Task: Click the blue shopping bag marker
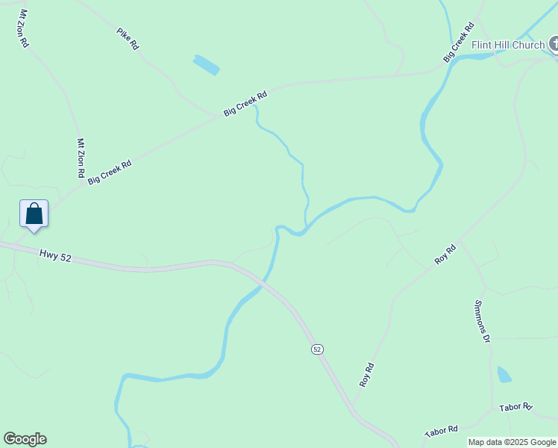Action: click(x=34, y=214)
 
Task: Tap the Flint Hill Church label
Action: click(x=508, y=45)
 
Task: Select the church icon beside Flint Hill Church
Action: click(x=554, y=45)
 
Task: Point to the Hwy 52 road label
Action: click(x=55, y=256)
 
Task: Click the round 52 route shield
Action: click(x=317, y=349)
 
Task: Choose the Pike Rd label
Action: click(x=128, y=39)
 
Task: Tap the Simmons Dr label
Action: click(x=482, y=321)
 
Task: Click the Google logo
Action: click(x=25, y=439)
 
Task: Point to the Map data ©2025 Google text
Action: click(x=512, y=442)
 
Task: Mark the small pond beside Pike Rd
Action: click(x=207, y=65)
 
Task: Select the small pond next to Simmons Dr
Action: click(x=504, y=374)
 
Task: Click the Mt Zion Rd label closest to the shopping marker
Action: click(x=81, y=158)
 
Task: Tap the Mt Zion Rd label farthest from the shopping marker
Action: click(x=24, y=28)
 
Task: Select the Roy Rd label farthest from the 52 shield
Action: click(x=445, y=255)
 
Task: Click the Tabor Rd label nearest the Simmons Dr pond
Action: click(x=515, y=408)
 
